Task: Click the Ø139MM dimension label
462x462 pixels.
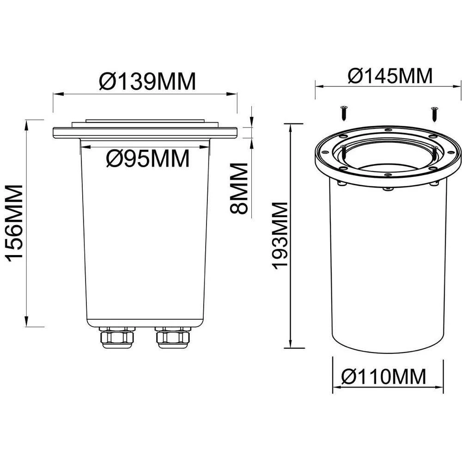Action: coord(147,82)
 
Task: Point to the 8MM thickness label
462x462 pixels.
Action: coord(240,188)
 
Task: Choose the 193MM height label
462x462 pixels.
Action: coord(280,236)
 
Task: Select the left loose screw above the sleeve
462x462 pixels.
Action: coord(344,112)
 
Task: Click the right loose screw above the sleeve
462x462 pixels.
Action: coord(434,112)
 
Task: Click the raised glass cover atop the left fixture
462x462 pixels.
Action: coord(146,122)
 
